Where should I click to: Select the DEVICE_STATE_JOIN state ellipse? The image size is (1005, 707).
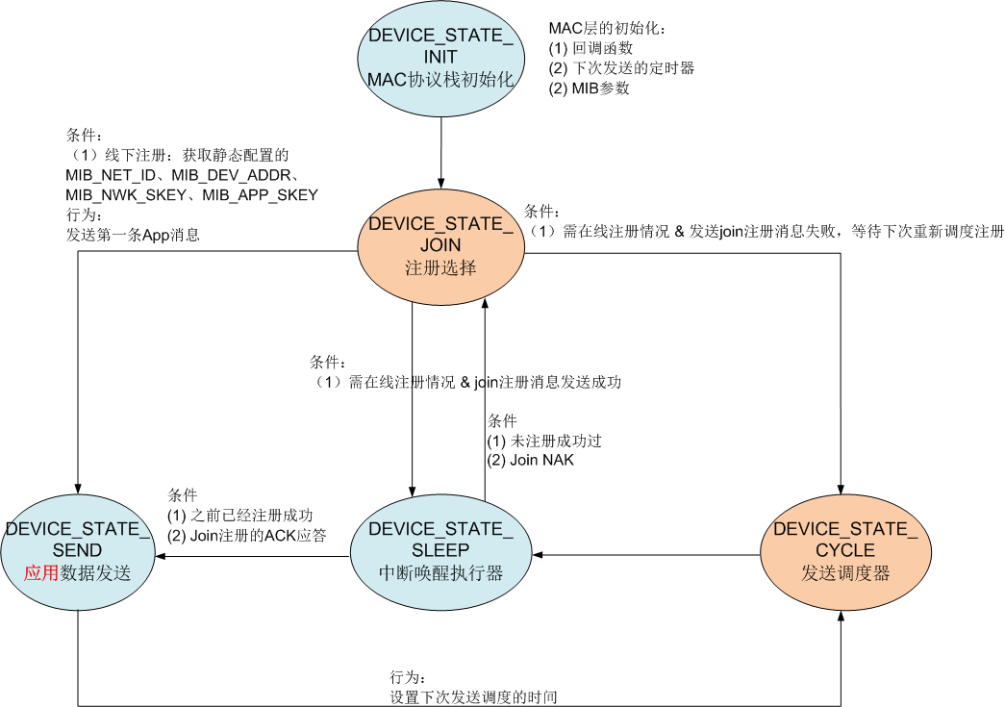tap(441, 246)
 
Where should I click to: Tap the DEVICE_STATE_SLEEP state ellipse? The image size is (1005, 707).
tap(441, 551)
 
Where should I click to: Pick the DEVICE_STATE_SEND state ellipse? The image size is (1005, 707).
tap(78, 551)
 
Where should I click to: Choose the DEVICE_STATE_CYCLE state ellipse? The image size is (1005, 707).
tap(839, 551)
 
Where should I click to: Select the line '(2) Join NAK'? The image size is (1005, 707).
tap(530, 460)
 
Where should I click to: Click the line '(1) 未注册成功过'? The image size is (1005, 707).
tap(544, 441)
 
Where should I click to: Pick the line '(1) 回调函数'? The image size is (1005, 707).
tap(590, 48)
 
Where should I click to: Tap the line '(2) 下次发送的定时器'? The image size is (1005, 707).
tap(621, 68)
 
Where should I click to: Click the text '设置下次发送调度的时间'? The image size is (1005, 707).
tap(474, 697)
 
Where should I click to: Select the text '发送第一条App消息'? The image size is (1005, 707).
tap(133, 234)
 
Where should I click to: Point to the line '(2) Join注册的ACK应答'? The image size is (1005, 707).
tap(245, 535)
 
